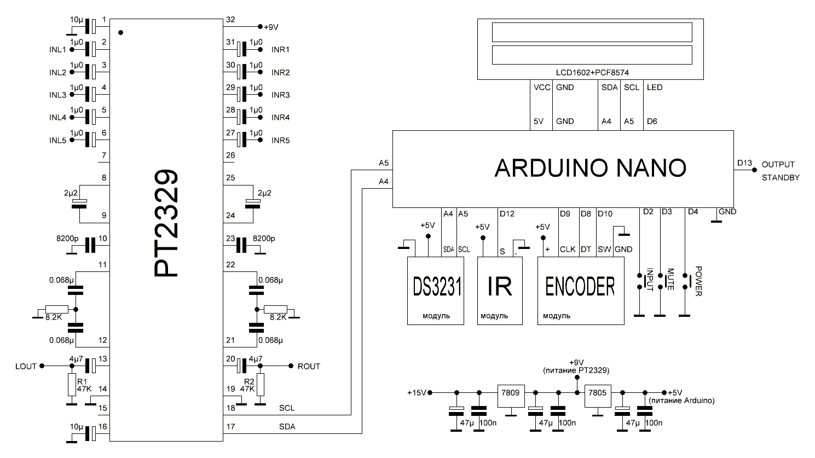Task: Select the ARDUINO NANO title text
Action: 590,168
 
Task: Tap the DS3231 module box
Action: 436,291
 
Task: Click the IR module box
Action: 499,291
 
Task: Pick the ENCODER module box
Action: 580,291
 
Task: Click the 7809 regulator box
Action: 511,397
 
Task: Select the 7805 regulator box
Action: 598,397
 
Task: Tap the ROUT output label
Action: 309,366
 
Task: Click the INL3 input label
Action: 57,95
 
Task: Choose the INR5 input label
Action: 280,141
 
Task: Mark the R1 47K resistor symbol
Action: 71,385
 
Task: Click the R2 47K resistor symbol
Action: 261,385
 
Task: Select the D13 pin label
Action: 744,163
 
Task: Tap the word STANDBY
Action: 781,178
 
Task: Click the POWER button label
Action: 698,281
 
